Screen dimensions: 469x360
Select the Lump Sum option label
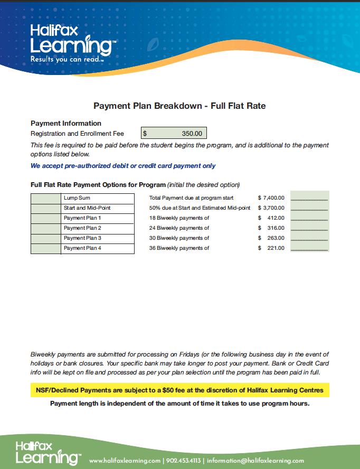pos(77,198)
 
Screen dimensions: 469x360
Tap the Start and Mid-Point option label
pos(87,208)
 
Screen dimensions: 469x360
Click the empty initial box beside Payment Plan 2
pos(46,228)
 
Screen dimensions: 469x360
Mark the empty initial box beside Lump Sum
pos(46,198)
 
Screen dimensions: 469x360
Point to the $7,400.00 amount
pos(271,198)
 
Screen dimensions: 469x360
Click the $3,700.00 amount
pos(271,208)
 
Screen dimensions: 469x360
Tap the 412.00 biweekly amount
pos(276,218)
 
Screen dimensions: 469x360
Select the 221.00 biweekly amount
pos(276,248)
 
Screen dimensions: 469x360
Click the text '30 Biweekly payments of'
pos(179,238)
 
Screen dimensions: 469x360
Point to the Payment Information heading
pos(66,124)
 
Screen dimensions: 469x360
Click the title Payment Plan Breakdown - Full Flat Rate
pos(179,106)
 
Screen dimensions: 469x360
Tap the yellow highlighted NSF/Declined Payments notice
pos(179,391)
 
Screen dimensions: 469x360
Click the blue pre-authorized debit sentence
pos(123,166)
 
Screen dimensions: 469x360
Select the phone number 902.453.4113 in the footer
pos(184,461)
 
